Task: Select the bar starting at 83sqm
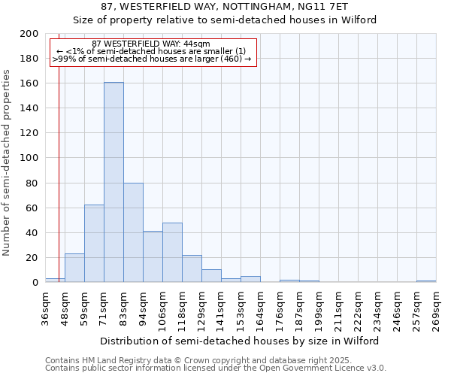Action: pyautogui.click(x=133, y=232)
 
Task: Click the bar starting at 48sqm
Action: pyautogui.click(x=74, y=268)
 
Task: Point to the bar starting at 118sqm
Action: pyautogui.click(x=192, y=268)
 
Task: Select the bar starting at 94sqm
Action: pyautogui.click(x=153, y=256)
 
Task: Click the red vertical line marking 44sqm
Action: pyautogui.click(x=59, y=188)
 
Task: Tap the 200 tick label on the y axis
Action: pyautogui.click(x=29, y=34)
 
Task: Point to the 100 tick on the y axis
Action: pyautogui.click(x=29, y=158)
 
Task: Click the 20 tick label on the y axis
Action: pyautogui.click(x=32, y=258)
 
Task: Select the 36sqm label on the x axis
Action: pyautogui.click(x=45, y=306)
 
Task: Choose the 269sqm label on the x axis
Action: pyautogui.click(x=436, y=306)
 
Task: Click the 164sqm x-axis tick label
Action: pyautogui.click(x=260, y=306)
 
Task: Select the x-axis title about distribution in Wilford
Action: pyautogui.click(x=241, y=341)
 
